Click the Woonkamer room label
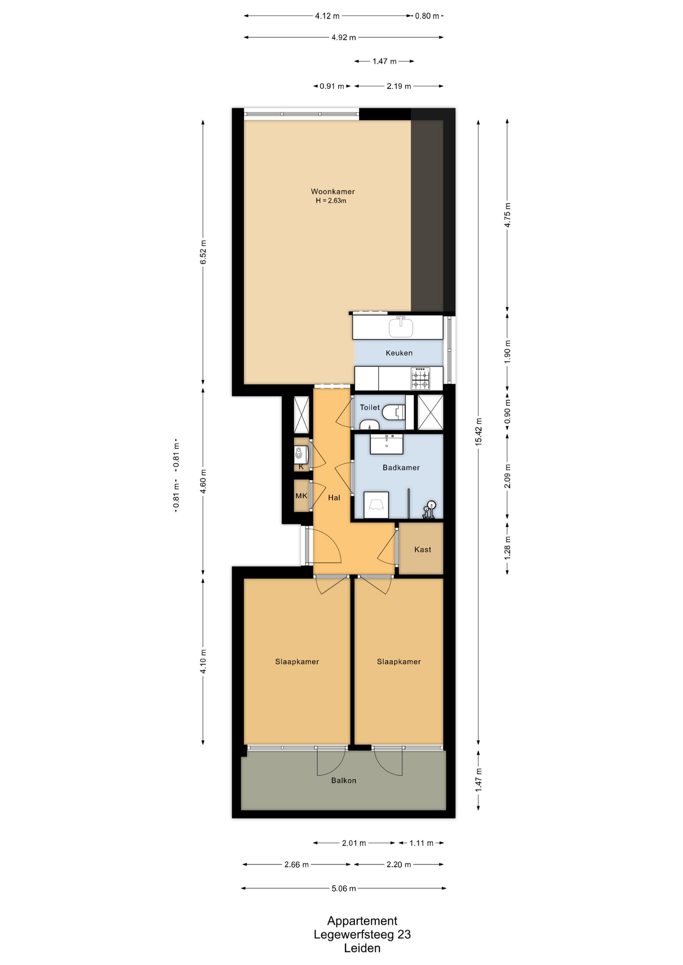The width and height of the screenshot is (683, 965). (x=332, y=191)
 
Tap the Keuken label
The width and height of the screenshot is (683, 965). (x=399, y=353)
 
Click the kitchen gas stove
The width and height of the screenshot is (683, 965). (x=420, y=378)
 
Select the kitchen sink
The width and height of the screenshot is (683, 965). (x=401, y=327)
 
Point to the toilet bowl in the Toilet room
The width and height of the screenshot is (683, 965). (x=394, y=413)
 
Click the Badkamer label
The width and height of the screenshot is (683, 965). (x=401, y=467)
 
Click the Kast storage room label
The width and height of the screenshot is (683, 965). (x=422, y=549)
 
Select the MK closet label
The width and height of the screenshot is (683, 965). (x=301, y=496)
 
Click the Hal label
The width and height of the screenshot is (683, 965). (x=334, y=498)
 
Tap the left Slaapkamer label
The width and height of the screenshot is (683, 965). (x=297, y=661)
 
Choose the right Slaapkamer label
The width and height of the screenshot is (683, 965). (x=399, y=661)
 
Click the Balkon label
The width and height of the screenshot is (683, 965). (x=344, y=781)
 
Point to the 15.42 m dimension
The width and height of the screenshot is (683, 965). (x=478, y=431)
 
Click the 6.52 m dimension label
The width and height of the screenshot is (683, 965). (x=203, y=252)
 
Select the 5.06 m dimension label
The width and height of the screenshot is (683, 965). (x=344, y=889)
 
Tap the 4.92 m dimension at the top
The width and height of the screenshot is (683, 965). (x=344, y=37)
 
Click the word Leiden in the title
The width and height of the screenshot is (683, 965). (x=362, y=948)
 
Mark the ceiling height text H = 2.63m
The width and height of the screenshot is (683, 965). (x=331, y=201)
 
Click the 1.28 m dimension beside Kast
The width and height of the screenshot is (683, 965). (x=507, y=548)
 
